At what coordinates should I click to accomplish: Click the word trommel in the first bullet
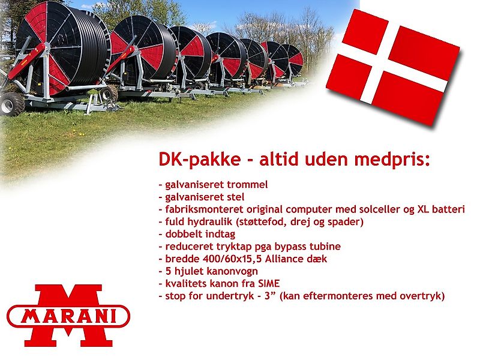(248, 184)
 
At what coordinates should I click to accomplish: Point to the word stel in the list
(235, 196)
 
